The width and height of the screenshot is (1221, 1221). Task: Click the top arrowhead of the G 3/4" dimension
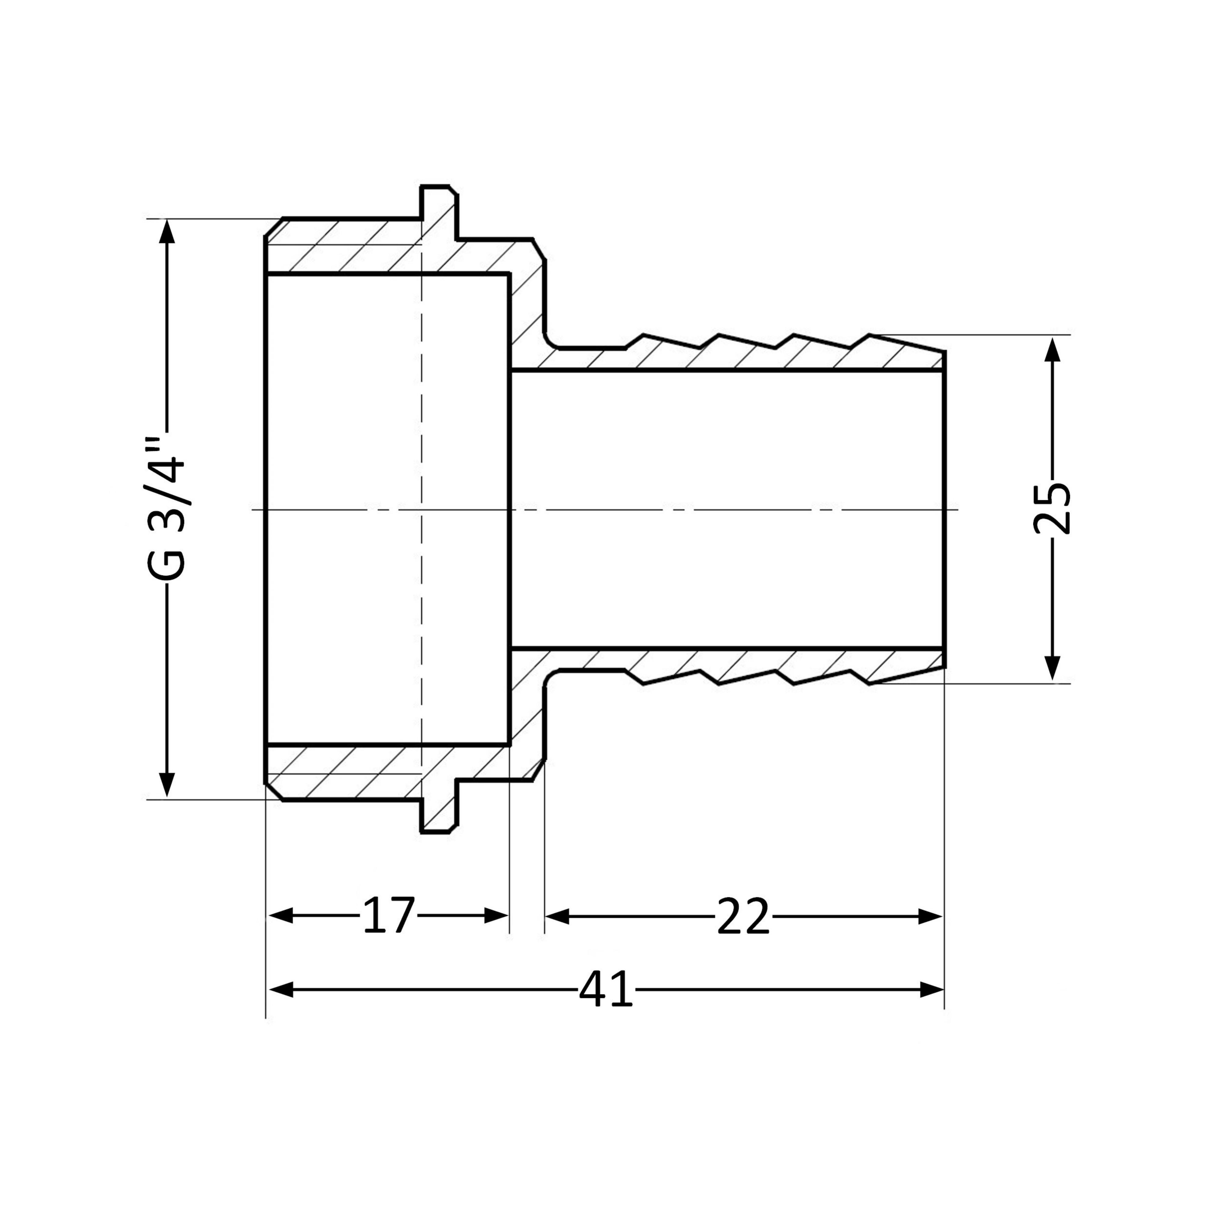(x=167, y=231)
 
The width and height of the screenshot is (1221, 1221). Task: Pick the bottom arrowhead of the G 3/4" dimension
(x=167, y=785)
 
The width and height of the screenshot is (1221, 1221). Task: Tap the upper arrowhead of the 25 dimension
(x=1052, y=348)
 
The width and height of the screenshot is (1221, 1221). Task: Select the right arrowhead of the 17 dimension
(x=496, y=915)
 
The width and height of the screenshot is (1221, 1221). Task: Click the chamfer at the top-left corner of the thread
(x=273, y=227)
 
